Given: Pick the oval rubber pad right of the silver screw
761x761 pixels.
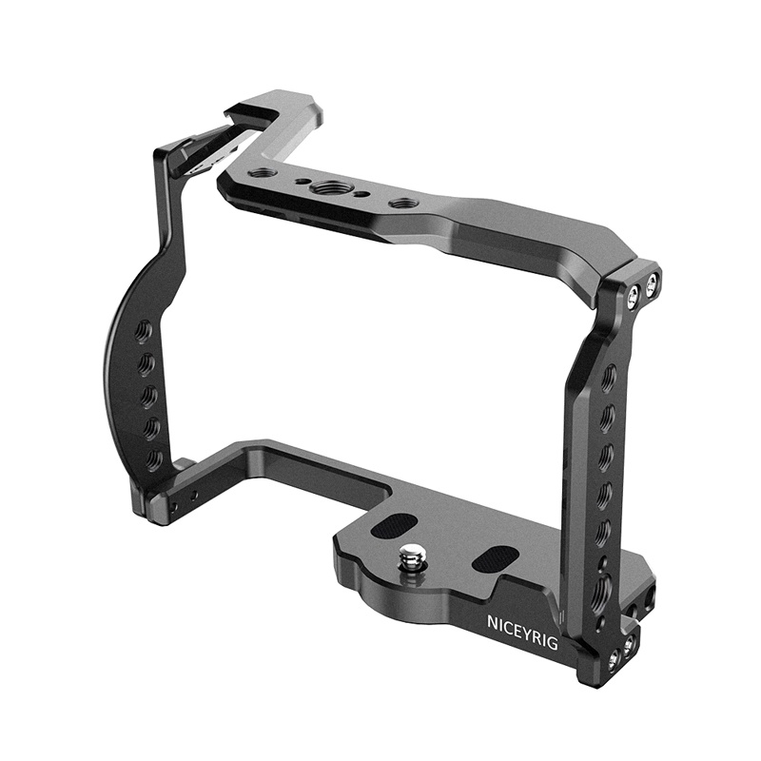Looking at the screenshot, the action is coord(493,558).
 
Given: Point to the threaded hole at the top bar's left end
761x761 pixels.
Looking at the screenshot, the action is coord(260,173).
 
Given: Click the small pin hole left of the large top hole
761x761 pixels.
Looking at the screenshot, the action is coord(302,181).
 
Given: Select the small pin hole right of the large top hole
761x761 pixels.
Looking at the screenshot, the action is coord(361,195).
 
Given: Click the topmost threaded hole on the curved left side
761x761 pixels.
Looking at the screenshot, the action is coord(146,330).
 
